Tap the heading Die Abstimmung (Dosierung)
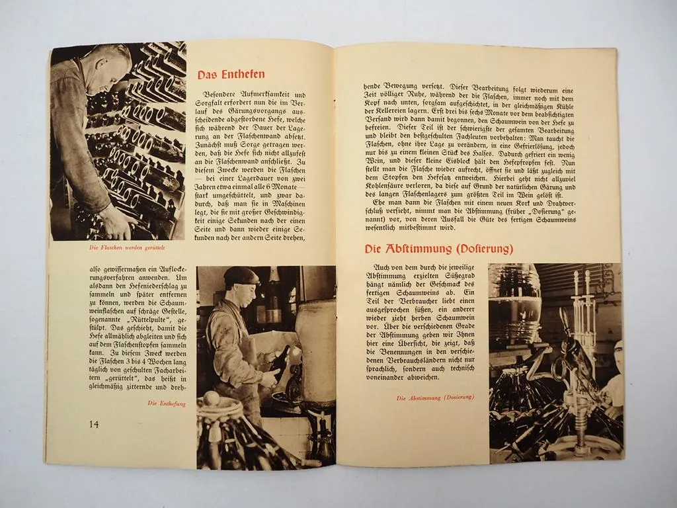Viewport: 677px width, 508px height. click(439, 249)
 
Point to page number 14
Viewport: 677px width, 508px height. click(94, 423)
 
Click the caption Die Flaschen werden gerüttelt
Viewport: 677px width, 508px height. click(127, 248)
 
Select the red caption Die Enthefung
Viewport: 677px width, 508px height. click(167, 403)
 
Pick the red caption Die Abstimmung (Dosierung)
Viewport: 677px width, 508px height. click(435, 398)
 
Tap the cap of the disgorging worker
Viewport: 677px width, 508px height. click(241, 274)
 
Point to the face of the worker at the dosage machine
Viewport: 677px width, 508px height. click(617, 357)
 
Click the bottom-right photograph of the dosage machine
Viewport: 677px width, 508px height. click(555, 362)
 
